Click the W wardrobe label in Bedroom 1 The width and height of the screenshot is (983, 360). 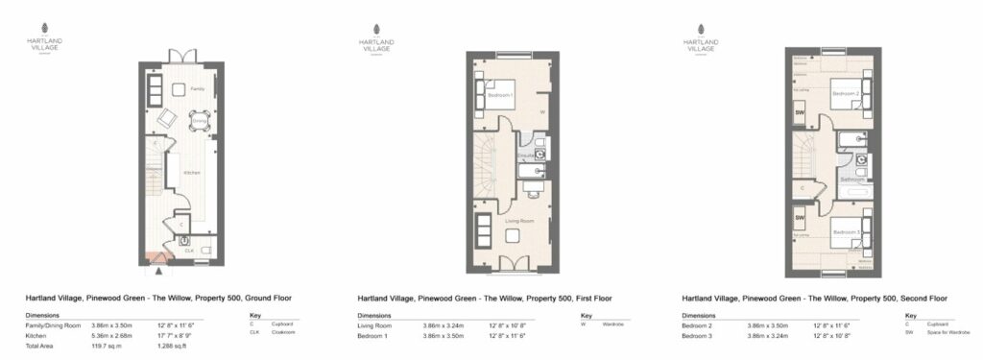543,111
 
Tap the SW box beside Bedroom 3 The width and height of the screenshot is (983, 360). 800,218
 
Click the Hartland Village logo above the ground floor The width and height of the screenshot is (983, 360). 46,42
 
